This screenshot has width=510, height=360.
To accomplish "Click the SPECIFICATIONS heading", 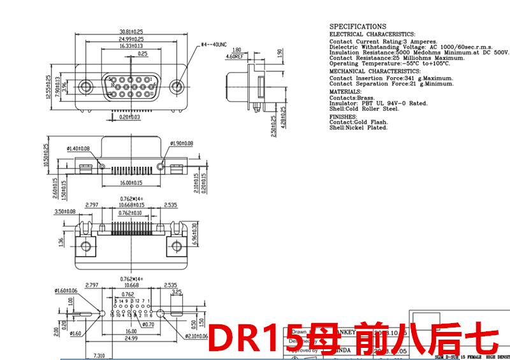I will point(357,27).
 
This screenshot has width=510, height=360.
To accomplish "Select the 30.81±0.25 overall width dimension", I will point(131,31).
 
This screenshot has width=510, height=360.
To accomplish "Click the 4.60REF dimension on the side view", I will point(235,56).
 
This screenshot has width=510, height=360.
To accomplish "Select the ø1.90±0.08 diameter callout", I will point(179,143).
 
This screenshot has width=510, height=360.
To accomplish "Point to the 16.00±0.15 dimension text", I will point(131,183).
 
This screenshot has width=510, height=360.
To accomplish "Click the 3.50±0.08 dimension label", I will point(65,211).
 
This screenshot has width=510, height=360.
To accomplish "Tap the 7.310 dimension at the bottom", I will point(99,355).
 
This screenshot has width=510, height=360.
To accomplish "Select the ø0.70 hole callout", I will point(148,325).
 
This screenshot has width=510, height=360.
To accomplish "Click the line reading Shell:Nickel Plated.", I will point(358,127).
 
